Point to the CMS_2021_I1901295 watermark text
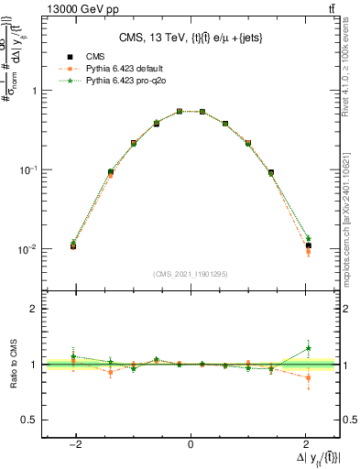pyautogui.click(x=191, y=274)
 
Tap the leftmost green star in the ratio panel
pyautogui.click(x=73, y=356)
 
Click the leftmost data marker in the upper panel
pyautogui.click(x=73, y=246)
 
